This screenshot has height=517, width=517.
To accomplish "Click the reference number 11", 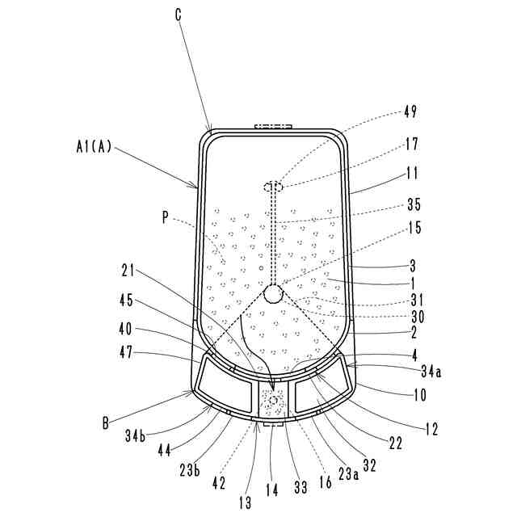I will pos(414,172).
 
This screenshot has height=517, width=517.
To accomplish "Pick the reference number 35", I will pos(414,204).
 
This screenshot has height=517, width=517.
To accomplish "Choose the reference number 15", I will pos(414,229).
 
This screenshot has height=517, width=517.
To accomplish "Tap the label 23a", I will pos(347,452).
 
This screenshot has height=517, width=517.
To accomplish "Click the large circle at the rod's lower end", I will pos(273,292).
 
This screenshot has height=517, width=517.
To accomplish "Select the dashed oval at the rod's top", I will pos(274,187).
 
